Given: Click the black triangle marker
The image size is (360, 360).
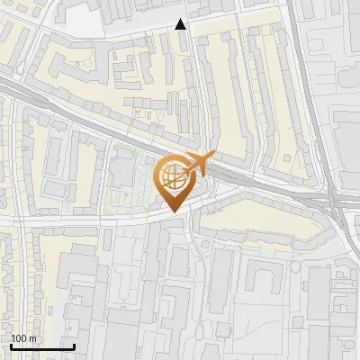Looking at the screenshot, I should click(x=181, y=24).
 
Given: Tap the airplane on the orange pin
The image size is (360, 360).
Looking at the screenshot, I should click(x=197, y=165).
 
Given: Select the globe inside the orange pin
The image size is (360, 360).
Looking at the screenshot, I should click(x=172, y=176).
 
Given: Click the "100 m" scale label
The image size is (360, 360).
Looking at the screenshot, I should click(x=23, y=338).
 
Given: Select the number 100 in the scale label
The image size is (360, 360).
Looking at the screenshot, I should click(x=19, y=338).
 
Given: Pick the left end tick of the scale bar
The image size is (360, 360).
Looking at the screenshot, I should click(x=11, y=345).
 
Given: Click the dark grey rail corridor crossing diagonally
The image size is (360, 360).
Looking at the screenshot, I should click(x=90, y=112).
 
